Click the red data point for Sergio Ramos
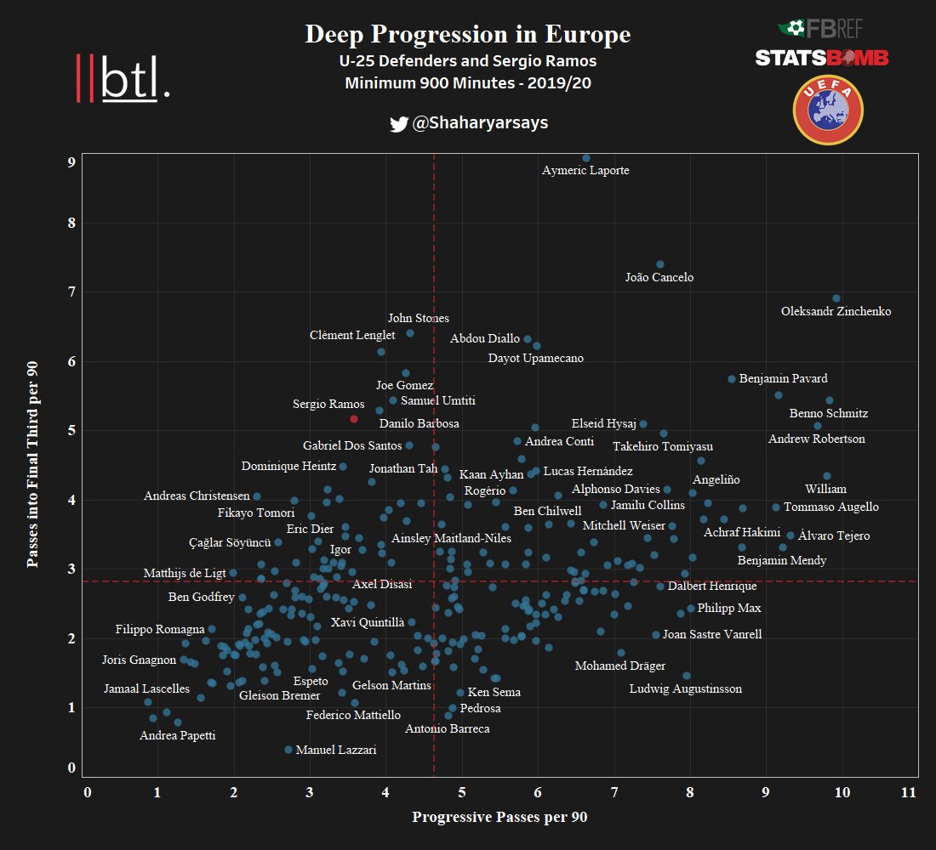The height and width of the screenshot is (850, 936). (x=354, y=419)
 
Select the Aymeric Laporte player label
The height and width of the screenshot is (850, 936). (x=585, y=171)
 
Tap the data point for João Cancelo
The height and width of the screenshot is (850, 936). (x=660, y=264)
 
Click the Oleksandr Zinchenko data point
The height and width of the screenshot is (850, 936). (x=836, y=298)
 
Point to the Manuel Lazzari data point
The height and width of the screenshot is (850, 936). (x=288, y=750)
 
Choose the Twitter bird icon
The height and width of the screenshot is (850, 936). (x=398, y=124)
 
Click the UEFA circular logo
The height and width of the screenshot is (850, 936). (x=827, y=110)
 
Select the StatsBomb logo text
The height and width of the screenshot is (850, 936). (x=822, y=58)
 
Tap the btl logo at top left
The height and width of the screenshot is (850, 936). (x=123, y=79)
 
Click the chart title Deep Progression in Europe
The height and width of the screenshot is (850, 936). (x=468, y=35)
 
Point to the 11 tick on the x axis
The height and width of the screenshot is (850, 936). (x=909, y=792)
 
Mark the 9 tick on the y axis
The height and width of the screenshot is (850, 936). (x=72, y=161)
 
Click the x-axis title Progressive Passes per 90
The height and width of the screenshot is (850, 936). (x=499, y=818)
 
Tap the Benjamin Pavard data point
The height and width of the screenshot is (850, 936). (x=731, y=379)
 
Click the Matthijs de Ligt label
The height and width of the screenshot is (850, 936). (x=184, y=574)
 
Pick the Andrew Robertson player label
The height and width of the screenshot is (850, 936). (x=816, y=439)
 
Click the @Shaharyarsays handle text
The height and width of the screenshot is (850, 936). (x=480, y=123)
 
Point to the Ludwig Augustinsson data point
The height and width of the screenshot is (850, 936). (x=687, y=676)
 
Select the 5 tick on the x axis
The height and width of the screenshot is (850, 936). (x=462, y=792)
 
